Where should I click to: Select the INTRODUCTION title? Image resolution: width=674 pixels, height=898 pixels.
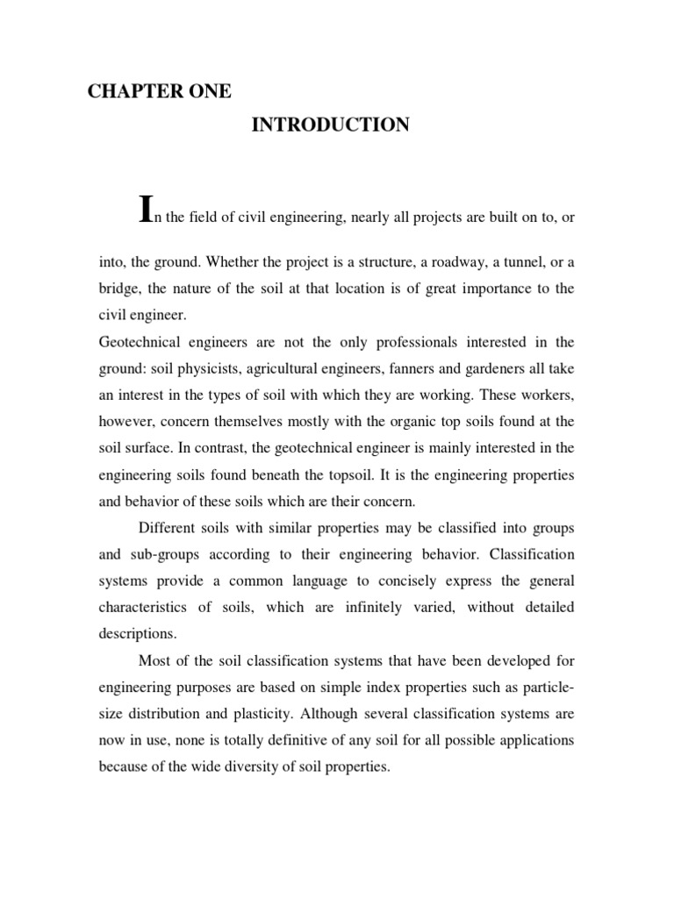(331, 125)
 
